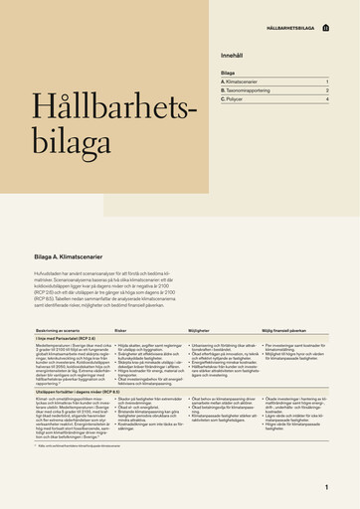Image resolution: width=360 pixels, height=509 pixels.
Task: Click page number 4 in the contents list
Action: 326,100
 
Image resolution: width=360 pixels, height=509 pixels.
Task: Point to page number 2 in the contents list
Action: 326,90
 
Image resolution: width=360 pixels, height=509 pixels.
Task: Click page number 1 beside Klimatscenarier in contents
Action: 326,82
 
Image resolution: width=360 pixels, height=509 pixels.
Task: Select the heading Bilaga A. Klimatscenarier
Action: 74,256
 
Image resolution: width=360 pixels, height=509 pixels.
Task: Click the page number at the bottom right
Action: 326,487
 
